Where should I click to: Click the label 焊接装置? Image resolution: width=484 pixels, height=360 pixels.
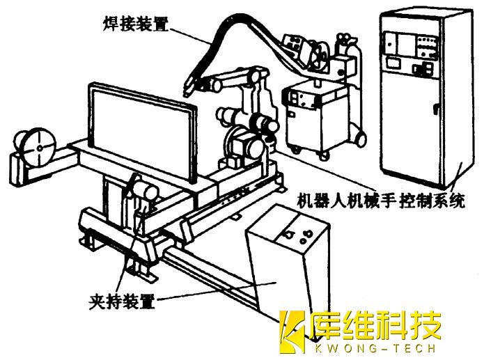(x=136, y=24)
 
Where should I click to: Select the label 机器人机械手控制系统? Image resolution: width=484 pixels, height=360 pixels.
(x=381, y=200)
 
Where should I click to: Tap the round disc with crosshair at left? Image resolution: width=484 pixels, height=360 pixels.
(x=39, y=148)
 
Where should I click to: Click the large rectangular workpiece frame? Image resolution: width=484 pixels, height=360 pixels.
(x=143, y=133)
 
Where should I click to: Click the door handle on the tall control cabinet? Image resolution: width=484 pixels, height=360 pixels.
(x=436, y=109)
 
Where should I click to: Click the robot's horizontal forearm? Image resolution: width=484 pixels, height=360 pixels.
(x=230, y=78)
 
